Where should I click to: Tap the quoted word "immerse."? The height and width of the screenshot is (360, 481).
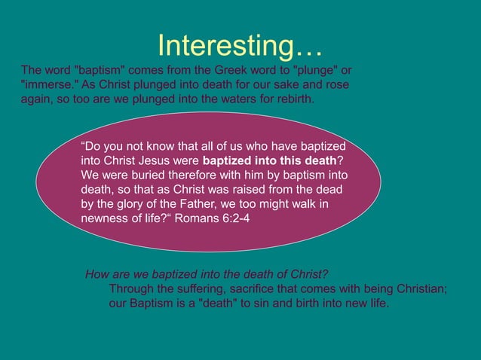pos(47,85)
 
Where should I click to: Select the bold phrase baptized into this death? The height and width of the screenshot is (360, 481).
pos(269,161)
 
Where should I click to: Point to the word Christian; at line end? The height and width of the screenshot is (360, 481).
pos(420,289)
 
